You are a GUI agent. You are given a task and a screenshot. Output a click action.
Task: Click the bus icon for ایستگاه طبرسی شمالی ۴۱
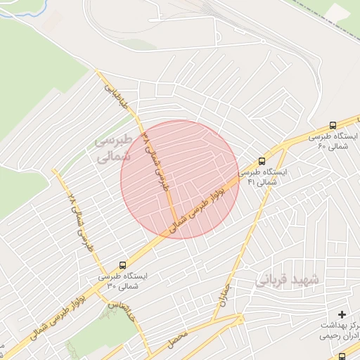(262, 161)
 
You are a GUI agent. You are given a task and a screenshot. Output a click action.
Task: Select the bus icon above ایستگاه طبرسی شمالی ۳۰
(124, 266)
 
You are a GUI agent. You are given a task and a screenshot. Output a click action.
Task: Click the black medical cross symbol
(342, 314)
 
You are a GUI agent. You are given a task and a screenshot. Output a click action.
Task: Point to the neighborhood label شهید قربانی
(286, 280)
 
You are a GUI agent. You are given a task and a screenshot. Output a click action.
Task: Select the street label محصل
(178, 339)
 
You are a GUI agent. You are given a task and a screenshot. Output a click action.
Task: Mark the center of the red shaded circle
(180, 179)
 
